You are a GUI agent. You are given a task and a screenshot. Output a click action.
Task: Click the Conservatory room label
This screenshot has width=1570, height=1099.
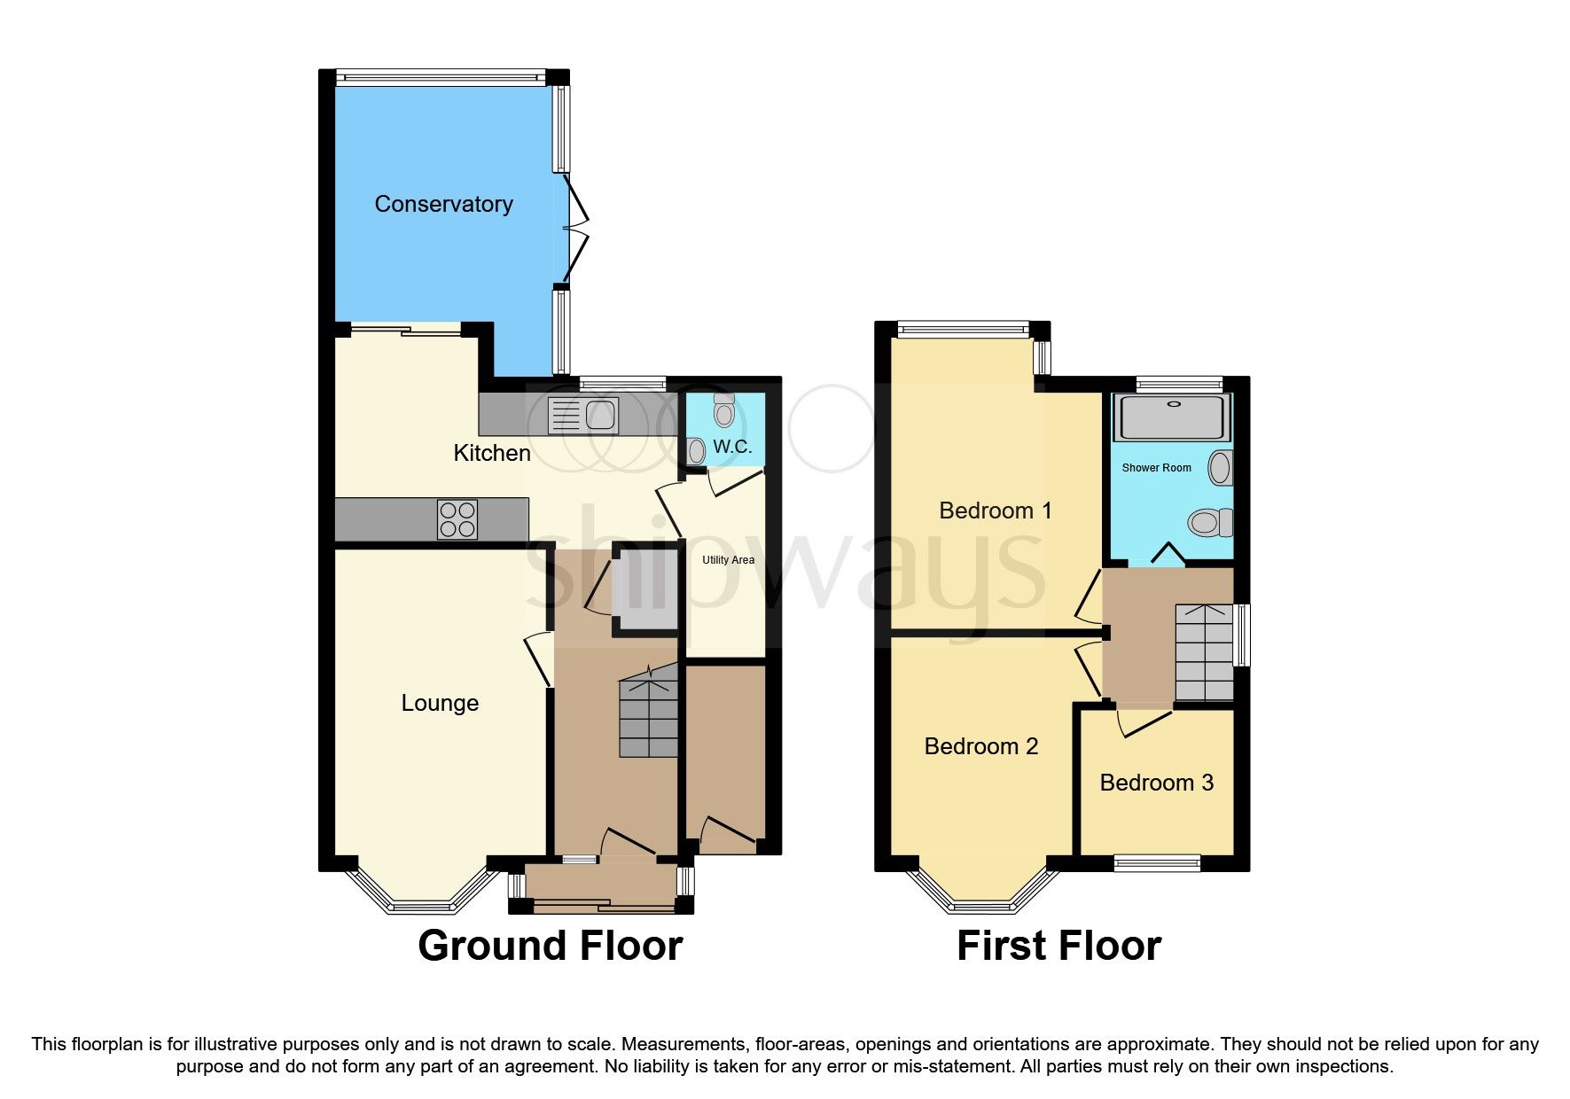click(443, 204)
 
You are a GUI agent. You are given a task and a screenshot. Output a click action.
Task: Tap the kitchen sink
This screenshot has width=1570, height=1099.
click(582, 415)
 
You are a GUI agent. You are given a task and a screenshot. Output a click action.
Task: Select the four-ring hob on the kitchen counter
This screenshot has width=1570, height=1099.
click(457, 519)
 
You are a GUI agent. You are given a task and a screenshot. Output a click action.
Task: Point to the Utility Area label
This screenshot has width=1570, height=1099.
click(728, 560)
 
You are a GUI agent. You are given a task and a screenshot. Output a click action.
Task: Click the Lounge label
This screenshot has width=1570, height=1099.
click(440, 703)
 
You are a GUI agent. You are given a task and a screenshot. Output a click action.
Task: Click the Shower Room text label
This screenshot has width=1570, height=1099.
click(1156, 468)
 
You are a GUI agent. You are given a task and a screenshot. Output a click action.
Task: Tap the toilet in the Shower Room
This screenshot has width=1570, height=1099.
click(1211, 522)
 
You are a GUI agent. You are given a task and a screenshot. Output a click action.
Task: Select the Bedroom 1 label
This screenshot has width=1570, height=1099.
click(995, 511)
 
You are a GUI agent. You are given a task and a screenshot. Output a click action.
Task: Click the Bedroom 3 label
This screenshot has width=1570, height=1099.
click(1156, 783)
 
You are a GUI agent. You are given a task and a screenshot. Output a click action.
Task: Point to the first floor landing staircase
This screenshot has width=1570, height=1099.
click(1203, 652)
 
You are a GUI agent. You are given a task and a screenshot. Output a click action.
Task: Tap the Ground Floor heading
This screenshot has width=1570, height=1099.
click(550, 946)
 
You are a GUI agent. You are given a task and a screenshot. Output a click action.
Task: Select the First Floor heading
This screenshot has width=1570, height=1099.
click(1058, 946)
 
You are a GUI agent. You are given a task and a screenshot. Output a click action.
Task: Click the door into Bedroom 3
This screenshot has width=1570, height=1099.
click(1144, 722)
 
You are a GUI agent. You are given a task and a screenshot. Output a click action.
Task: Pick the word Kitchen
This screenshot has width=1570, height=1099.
click(492, 453)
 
